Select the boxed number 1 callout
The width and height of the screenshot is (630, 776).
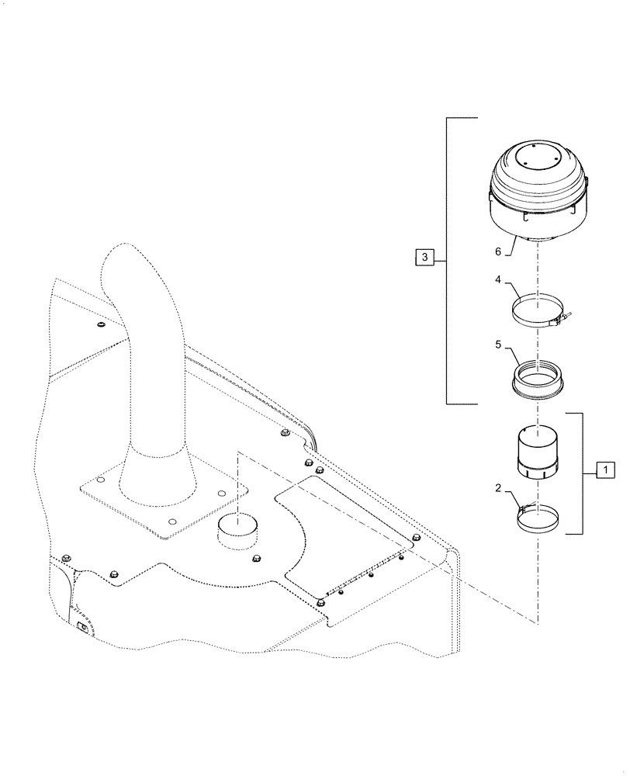tap(604, 469)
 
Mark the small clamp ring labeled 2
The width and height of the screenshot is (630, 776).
tap(535, 517)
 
